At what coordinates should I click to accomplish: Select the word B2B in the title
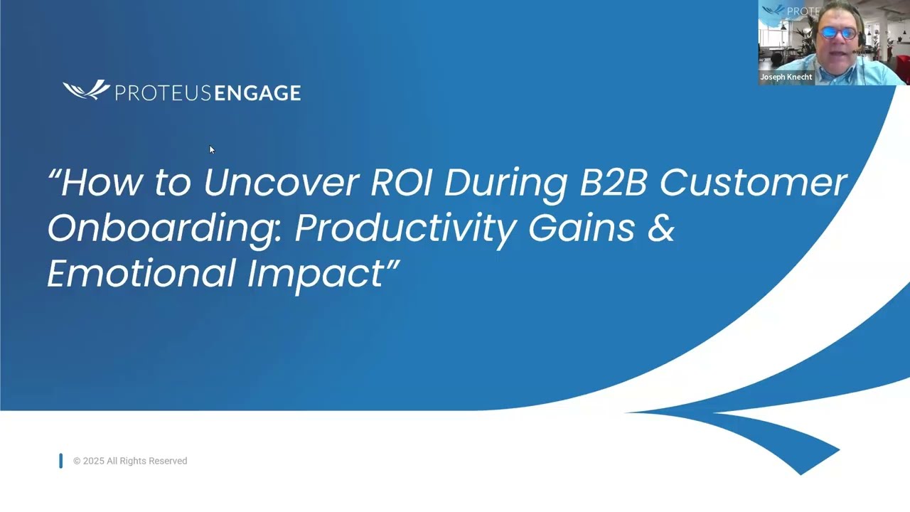click(613, 183)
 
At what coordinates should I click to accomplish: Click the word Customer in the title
click(753, 183)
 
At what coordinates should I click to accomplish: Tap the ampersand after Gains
click(660, 228)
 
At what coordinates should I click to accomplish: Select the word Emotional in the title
click(140, 274)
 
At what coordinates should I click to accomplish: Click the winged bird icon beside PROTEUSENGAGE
click(86, 90)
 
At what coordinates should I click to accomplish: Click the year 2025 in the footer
click(93, 461)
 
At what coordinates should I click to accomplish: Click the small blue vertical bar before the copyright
click(61, 461)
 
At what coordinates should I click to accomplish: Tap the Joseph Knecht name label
click(786, 77)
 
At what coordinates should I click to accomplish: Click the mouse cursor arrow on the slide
click(211, 149)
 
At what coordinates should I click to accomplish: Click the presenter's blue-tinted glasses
click(839, 33)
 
